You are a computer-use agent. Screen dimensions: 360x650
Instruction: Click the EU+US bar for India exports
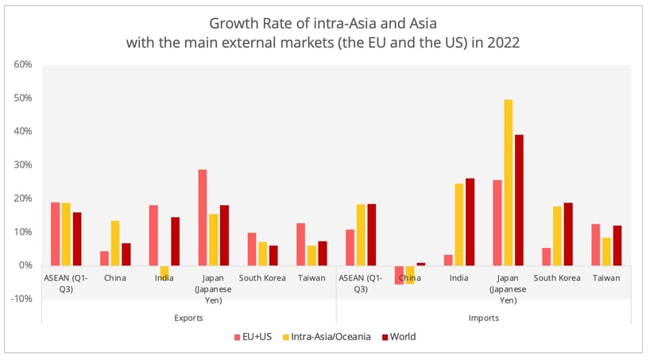[153, 235]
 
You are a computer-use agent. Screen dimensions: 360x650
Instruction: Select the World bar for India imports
[470, 222]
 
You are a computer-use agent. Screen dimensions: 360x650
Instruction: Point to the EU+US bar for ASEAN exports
[55, 234]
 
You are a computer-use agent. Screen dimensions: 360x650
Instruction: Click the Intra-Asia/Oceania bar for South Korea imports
[557, 236]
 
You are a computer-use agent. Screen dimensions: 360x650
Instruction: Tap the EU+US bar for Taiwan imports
[595, 245]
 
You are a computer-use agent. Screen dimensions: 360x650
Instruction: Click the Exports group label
[188, 317]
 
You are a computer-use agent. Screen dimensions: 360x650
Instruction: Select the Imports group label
[482, 317]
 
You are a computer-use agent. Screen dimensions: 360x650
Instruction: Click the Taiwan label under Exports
[311, 279]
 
